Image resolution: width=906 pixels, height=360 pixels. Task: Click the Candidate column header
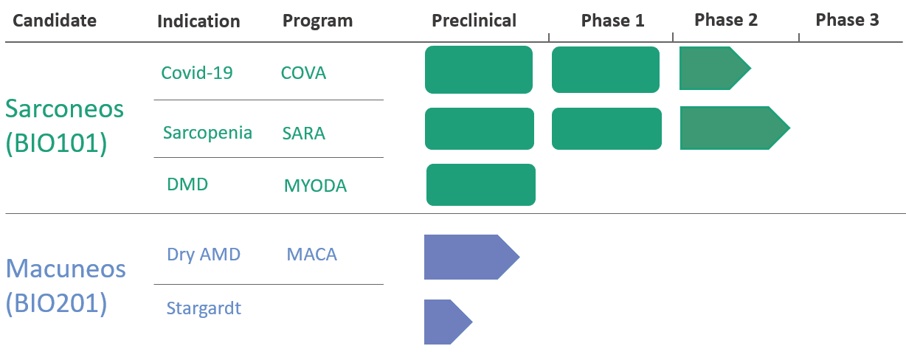55,20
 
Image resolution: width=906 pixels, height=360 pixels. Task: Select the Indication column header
198,21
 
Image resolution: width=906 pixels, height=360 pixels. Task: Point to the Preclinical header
474,20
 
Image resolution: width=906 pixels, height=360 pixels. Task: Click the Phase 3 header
848,19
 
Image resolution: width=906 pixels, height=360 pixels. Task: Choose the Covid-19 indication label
197,73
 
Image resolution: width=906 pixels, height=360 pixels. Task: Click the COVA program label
303,73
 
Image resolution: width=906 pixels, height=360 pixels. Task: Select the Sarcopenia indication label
207,133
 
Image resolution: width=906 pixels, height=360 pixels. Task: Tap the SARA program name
304,133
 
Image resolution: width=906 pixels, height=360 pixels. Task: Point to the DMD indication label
187,184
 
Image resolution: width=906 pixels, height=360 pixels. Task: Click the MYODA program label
316,186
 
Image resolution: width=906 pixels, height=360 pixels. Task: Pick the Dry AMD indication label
204,255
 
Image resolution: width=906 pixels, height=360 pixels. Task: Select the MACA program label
312,255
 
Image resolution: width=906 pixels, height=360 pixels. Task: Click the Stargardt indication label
204,308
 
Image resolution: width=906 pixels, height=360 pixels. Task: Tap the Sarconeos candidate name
64,108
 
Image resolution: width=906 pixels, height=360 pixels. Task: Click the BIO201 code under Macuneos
56,303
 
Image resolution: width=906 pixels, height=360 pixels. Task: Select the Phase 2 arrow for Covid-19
715,68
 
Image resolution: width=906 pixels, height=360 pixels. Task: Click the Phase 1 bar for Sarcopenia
606,128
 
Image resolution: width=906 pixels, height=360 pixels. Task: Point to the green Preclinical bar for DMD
481,185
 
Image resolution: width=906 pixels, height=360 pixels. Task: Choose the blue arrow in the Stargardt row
448,322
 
